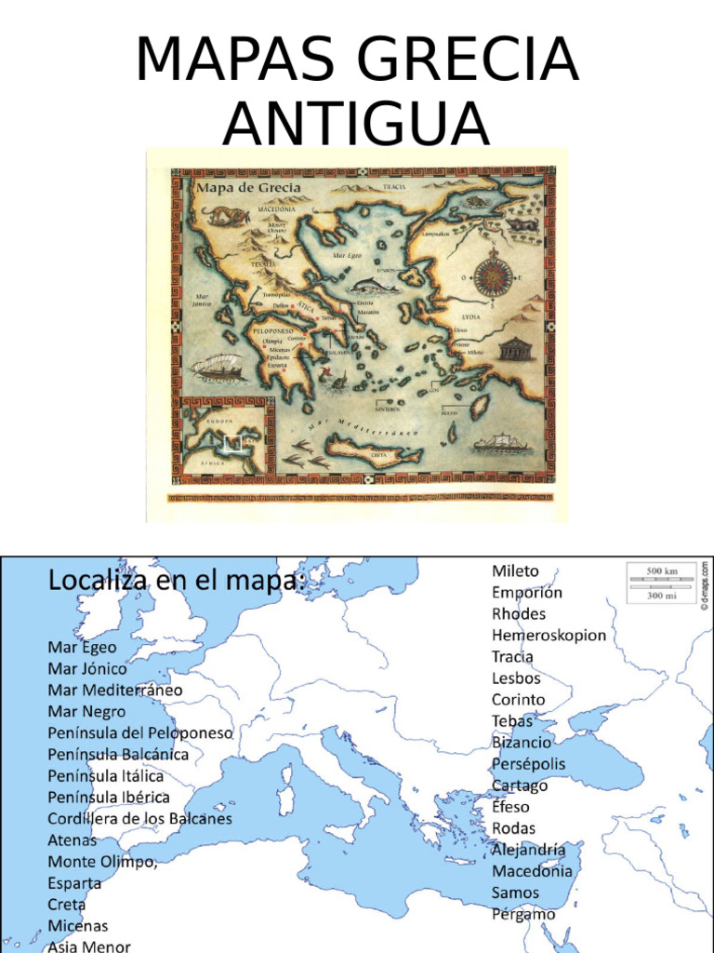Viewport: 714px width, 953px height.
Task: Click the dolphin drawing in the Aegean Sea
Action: [x=377, y=286]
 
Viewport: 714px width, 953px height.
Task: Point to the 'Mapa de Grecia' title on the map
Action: [x=235, y=186]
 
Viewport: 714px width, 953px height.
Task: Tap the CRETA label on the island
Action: [x=378, y=456]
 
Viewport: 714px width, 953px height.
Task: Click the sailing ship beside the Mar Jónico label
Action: [x=217, y=368]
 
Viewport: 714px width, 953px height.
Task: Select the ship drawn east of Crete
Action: [x=500, y=443]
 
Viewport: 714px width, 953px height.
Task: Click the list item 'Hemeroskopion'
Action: [x=549, y=636]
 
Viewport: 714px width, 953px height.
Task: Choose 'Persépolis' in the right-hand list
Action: [x=528, y=764]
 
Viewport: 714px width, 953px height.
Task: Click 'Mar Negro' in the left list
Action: [x=86, y=711]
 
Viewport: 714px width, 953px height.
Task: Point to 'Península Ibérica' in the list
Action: [x=109, y=798]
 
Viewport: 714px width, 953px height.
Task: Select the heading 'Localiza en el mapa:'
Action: [x=177, y=582]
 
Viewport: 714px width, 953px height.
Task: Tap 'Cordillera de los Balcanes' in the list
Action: [x=139, y=819]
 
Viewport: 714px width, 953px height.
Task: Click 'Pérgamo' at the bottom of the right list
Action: [x=523, y=914]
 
